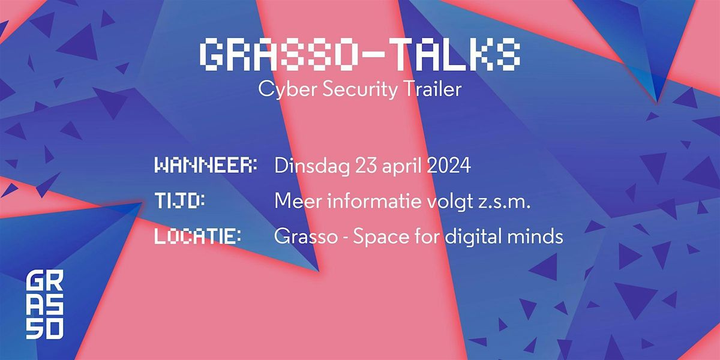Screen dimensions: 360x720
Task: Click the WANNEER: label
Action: [206, 166]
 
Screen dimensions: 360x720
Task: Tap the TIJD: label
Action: [180, 202]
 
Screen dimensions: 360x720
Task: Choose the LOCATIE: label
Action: [198, 236]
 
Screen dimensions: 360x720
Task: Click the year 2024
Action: [449, 166]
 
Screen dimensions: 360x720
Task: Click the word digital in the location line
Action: [470, 237]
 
